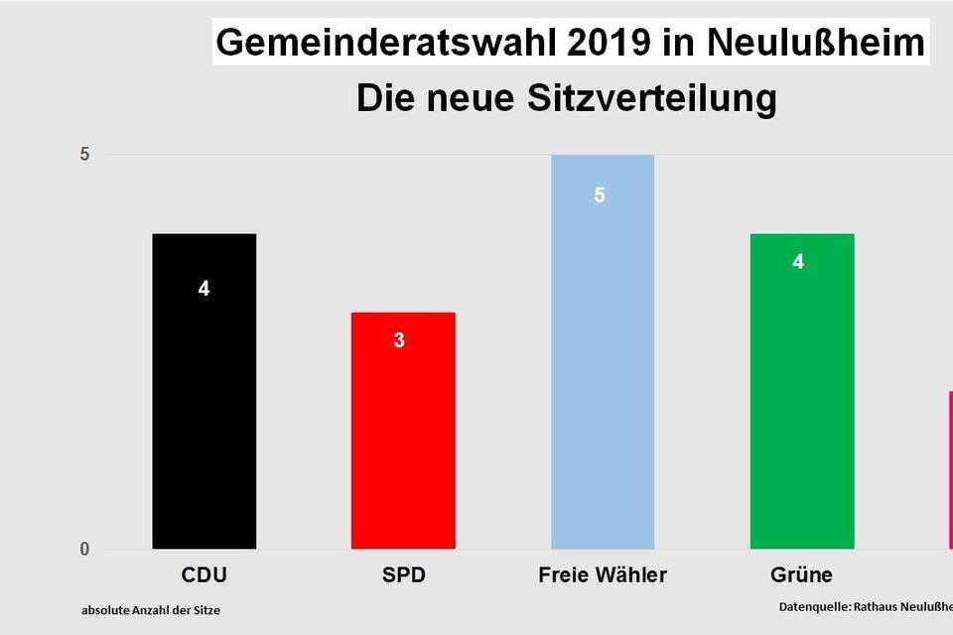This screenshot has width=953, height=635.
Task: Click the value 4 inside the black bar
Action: point(204,290)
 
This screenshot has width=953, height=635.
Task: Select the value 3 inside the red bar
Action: point(399,340)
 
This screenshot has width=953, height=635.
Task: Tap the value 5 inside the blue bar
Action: point(600,195)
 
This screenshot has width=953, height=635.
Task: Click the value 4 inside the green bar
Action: point(798,262)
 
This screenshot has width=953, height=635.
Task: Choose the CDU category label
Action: point(204,575)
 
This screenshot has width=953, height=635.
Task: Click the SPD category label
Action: point(403,575)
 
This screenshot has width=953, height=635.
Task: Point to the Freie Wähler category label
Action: point(603,575)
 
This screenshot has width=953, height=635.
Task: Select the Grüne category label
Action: point(801,575)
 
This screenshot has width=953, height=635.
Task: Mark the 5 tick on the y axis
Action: point(85,155)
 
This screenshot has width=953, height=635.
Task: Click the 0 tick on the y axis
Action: point(85,549)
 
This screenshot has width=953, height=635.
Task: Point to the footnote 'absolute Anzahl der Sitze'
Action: point(151,610)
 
